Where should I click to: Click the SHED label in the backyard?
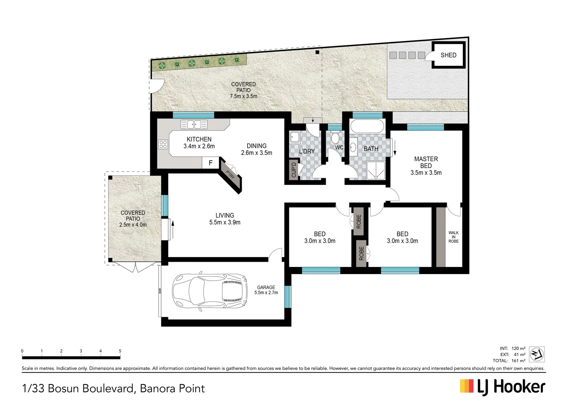pyautogui.click(x=448, y=55)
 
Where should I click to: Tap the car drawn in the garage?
pyautogui.click(x=210, y=291)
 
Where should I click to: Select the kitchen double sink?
pyautogui.click(x=194, y=124)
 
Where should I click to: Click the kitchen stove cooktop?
pyautogui.click(x=163, y=144)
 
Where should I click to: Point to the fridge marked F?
pyautogui.click(x=210, y=163)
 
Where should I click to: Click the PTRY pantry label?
pyautogui.click(x=230, y=174)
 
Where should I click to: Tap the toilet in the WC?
pyautogui.click(x=335, y=138)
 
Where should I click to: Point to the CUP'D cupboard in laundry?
pyautogui.click(x=294, y=170)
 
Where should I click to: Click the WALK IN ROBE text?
pyautogui.click(x=453, y=237)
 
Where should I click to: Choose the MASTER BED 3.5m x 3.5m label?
pyautogui.click(x=426, y=166)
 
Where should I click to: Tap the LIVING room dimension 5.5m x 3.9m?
pyautogui.click(x=225, y=223)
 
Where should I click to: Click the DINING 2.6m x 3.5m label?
pyautogui.click(x=257, y=149)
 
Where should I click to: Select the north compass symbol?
pyautogui.click(x=537, y=354)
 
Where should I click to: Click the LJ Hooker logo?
pyautogui.click(x=502, y=387)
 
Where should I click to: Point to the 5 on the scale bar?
pyautogui.click(x=120, y=351)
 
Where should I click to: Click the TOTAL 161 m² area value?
pyautogui.click(x=518, y=361)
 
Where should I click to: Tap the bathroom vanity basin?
pyautogui.click(x=353, y=147)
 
